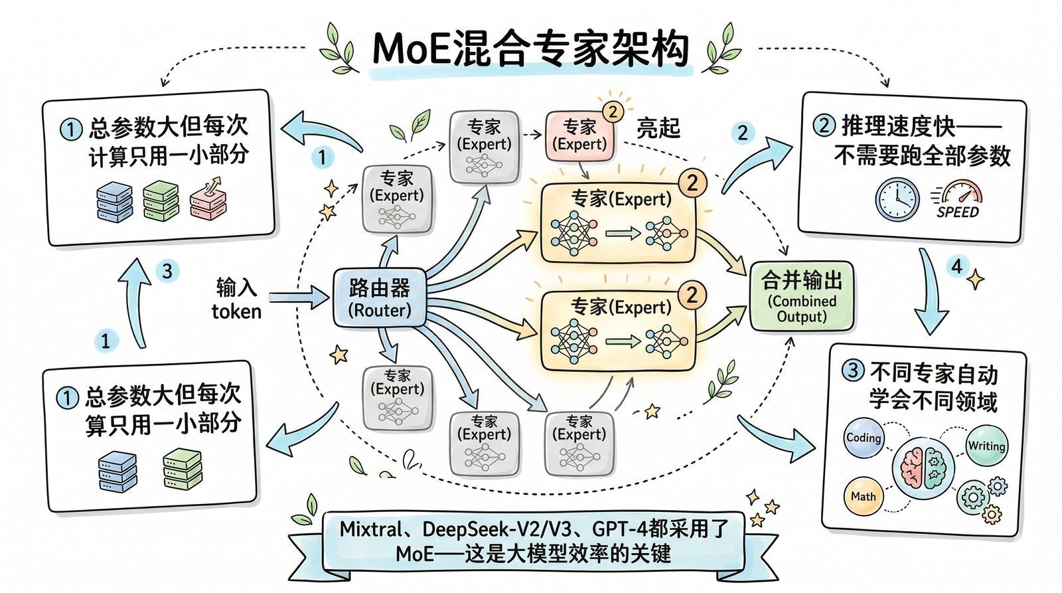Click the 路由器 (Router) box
380,298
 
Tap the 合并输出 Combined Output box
801,296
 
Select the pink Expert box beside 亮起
579,136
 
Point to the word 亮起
658,128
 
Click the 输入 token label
236,299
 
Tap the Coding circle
863,439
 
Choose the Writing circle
986,446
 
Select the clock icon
897,199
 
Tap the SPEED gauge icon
958,199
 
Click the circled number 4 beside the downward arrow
956,266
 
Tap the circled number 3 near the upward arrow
167,270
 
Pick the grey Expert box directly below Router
398,396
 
